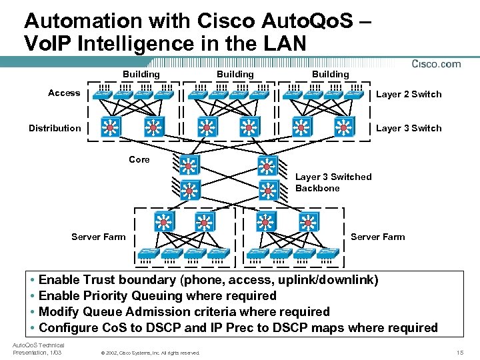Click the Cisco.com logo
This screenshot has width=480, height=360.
click(436, 64)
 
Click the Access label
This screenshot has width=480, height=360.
click(64, 93)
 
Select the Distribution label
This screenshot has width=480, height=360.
click(55, 128)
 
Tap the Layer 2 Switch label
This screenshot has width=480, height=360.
click(409, 94)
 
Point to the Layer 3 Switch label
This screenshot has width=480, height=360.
click(409, 128)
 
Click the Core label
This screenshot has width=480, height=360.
click(139, 160)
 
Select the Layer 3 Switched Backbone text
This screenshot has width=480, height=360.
click(333, 182)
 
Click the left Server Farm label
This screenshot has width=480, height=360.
click(98, 237)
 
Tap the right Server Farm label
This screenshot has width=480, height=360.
click(377, 237)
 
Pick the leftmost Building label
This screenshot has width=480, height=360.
click(141, 74)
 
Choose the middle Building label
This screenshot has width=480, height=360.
click(235, 74)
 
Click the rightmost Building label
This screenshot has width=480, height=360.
click(331, 74)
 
